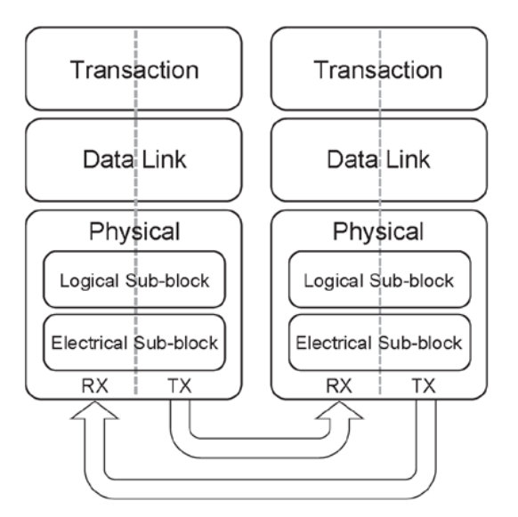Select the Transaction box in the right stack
pyautogui.click(x=379, y=69)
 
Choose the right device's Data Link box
pyautogui.click(x=379, y=160)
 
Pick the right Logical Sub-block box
pyautogui.click(x=379, y=282)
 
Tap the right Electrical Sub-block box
pyautogui.click(x=379, y=342)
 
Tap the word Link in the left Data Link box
pyautogui.click(x=163, y=160)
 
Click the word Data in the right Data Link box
pyautogui.click(x=349, y=160)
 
